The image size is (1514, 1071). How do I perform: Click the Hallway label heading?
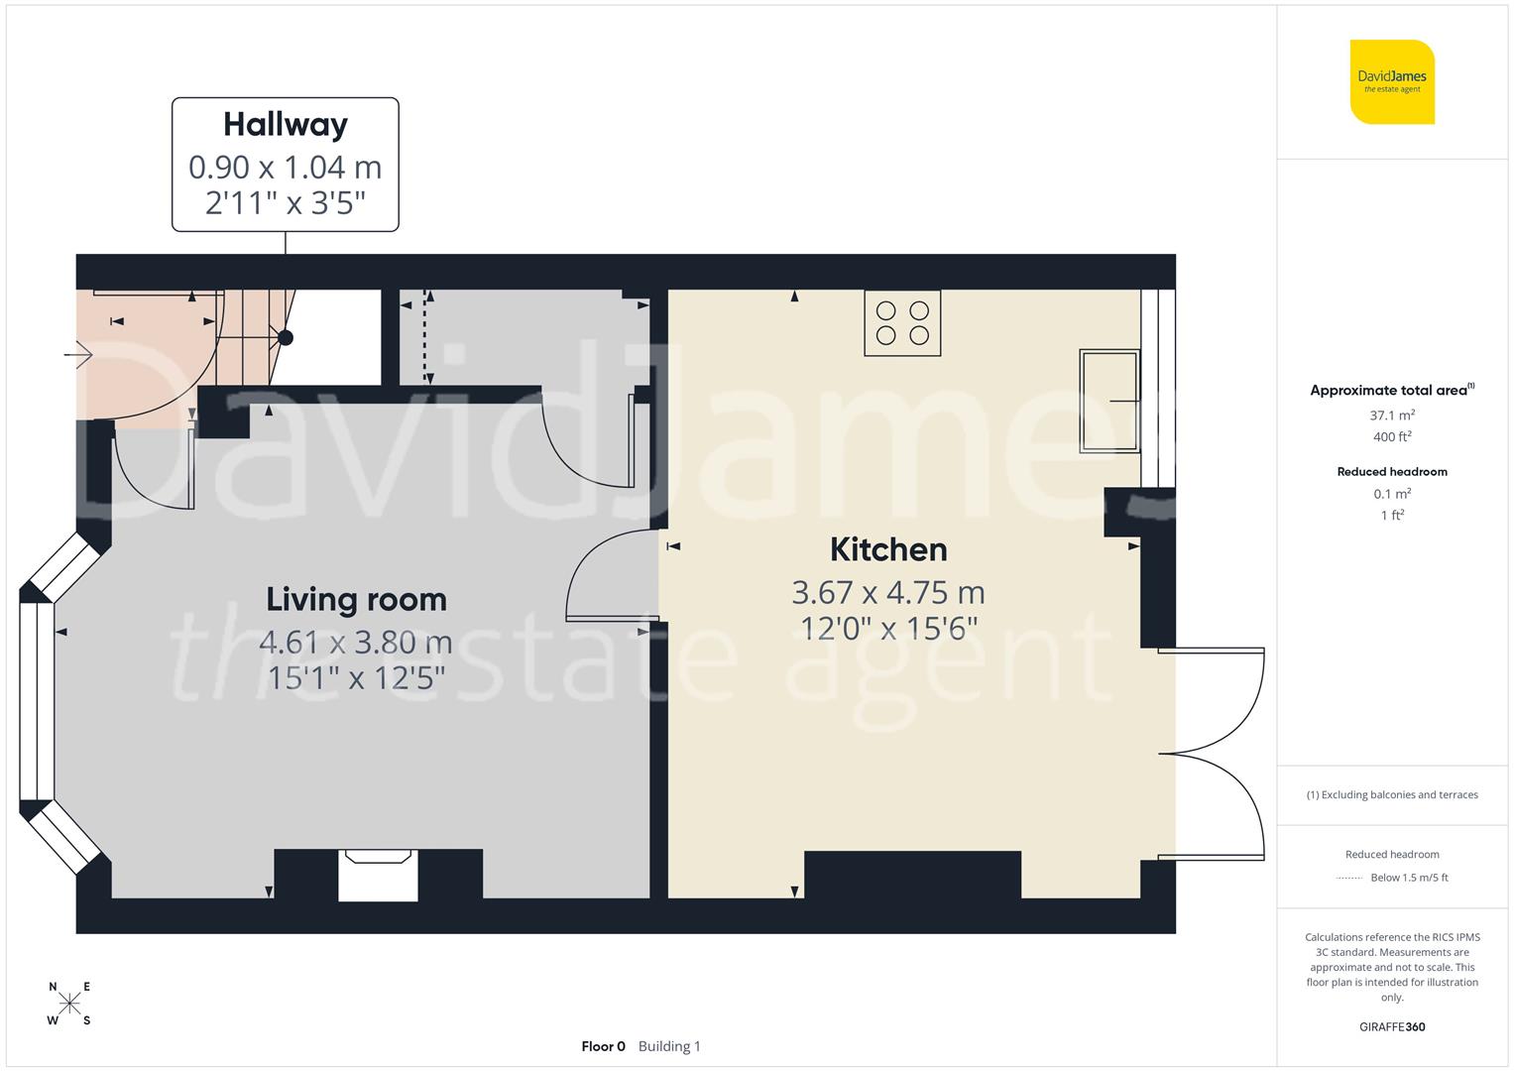286,125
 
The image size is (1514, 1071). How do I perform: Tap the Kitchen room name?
887,549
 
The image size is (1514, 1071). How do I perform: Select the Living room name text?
356,600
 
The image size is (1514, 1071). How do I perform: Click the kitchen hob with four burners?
902,322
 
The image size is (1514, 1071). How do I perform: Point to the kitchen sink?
1108,400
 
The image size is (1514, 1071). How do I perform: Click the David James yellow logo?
1392,82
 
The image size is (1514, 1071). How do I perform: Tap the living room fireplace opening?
378,877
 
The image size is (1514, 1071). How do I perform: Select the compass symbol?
69,1004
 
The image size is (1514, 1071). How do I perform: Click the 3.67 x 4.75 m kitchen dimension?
887,593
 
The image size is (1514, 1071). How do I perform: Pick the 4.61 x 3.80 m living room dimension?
356,643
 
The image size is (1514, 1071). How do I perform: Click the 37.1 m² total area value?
1392,416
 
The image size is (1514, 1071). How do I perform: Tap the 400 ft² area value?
1392,436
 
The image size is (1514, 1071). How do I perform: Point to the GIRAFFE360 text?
1392,1026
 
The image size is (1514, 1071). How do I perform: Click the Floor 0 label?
603,1046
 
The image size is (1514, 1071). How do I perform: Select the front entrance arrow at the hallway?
78,354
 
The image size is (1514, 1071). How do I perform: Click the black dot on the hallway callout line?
286,338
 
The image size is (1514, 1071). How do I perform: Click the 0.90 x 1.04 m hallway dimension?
286,168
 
